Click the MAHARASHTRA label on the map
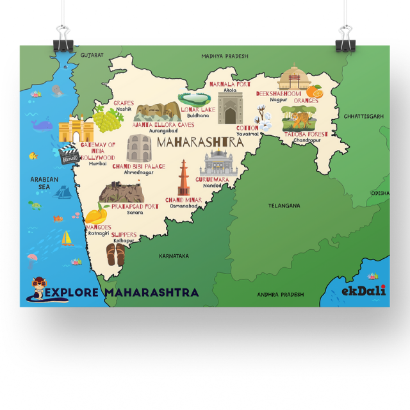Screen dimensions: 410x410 [x=200, y=142]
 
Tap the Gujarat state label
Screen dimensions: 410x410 [x=92, y=56]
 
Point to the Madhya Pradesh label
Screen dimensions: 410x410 [x=224, y=56]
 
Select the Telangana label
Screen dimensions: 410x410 [x=284, y=206]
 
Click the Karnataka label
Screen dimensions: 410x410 [x=174, y=256]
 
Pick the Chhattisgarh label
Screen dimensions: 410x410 [x=363, y=117]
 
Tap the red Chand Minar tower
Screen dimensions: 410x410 [x=183, y=177]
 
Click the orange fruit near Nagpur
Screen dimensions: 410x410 [x=315, y=91]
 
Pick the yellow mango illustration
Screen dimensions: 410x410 [x=97, y=213]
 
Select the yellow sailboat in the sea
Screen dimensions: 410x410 [x=67, y=238]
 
